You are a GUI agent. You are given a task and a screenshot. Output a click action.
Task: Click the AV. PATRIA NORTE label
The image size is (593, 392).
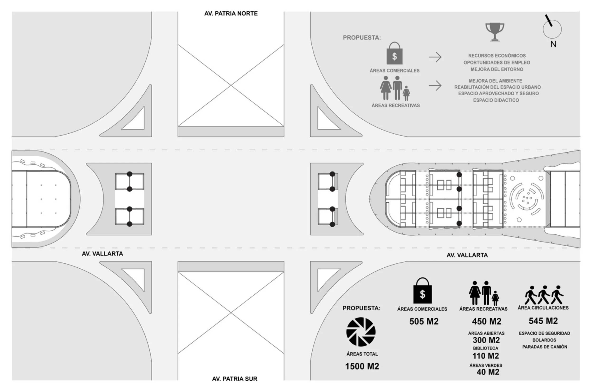(231, 14)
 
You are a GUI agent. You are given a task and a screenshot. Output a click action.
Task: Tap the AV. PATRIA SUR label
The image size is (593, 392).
(235, 379)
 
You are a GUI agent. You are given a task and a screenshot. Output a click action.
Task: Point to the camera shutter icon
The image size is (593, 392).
(361, 332)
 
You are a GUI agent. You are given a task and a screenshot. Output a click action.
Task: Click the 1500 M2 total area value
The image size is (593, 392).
(362, 366)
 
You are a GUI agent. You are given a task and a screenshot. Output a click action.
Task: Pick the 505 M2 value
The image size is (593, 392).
(424, 321)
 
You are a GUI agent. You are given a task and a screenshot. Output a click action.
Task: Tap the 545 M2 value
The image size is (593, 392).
(543, 321)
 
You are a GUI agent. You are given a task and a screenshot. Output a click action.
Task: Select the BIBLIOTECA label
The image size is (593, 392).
(486, 348)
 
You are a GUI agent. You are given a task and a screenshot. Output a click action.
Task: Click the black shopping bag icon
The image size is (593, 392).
(422, 290)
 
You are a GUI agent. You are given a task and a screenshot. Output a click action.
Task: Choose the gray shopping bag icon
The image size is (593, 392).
(395, 53)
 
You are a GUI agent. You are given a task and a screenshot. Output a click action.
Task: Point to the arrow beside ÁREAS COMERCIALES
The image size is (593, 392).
(435, 57)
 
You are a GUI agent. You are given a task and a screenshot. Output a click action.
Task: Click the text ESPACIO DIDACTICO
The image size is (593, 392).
(496, 100)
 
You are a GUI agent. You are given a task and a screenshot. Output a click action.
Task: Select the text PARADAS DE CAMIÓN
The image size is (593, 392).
(545, 347)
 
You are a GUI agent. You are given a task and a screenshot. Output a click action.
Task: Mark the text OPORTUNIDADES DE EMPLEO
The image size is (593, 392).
(497, 62)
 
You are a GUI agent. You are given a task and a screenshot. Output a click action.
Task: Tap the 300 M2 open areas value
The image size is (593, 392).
(486, 340)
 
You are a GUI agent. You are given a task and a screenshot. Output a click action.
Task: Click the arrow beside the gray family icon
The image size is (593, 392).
(435, 86)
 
